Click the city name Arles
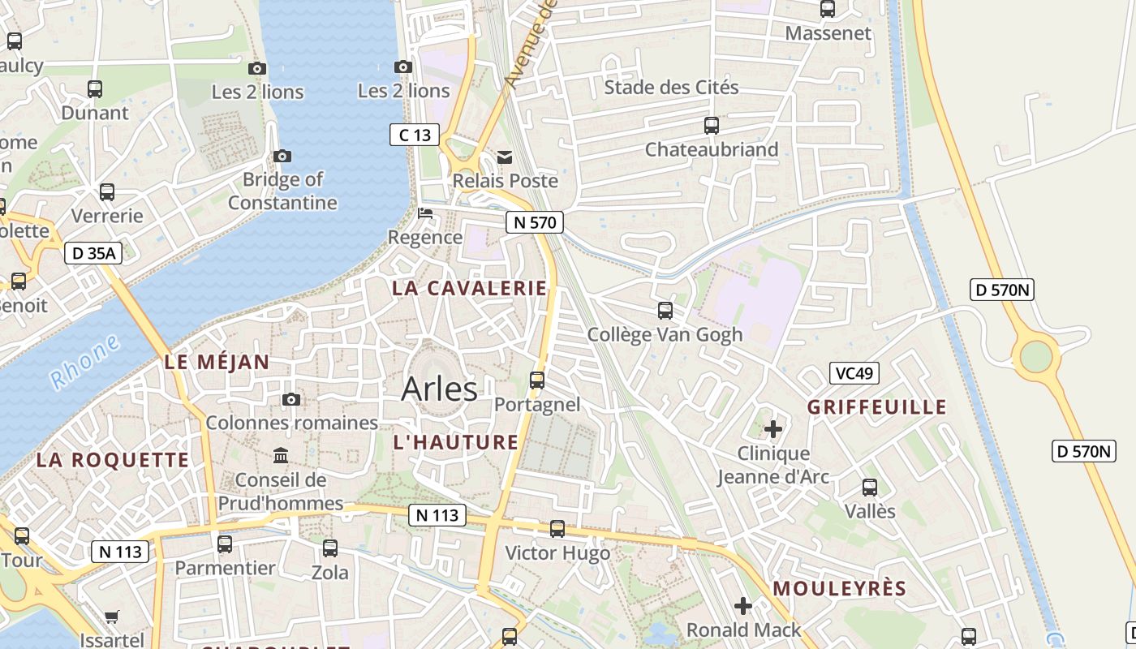(x=439, y=389)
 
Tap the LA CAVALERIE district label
(x=470, y=288)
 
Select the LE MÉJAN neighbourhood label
(x=217, y=362)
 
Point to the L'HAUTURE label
(x=455, y=442)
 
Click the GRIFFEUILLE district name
(x=877, y=406)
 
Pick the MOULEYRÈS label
(x=839, y=588)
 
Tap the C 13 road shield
(x=415, y=135)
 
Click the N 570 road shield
(x=534, y=222)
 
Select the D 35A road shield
(x=93, y=253)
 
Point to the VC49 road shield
(x=854, y=373)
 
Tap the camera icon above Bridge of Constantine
(x=282, y=156)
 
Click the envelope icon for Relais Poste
(x=505, y=157)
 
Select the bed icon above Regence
(x=424, y=214)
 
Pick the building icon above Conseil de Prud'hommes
(x=281, y=455)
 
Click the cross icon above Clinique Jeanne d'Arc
(x=773, y=428)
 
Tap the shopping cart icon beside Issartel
(x=112, y=617)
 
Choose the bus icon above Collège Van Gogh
(x=665, y=310)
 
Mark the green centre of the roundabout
(x=1036, y=356)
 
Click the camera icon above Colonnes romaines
(x=290, y=399)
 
